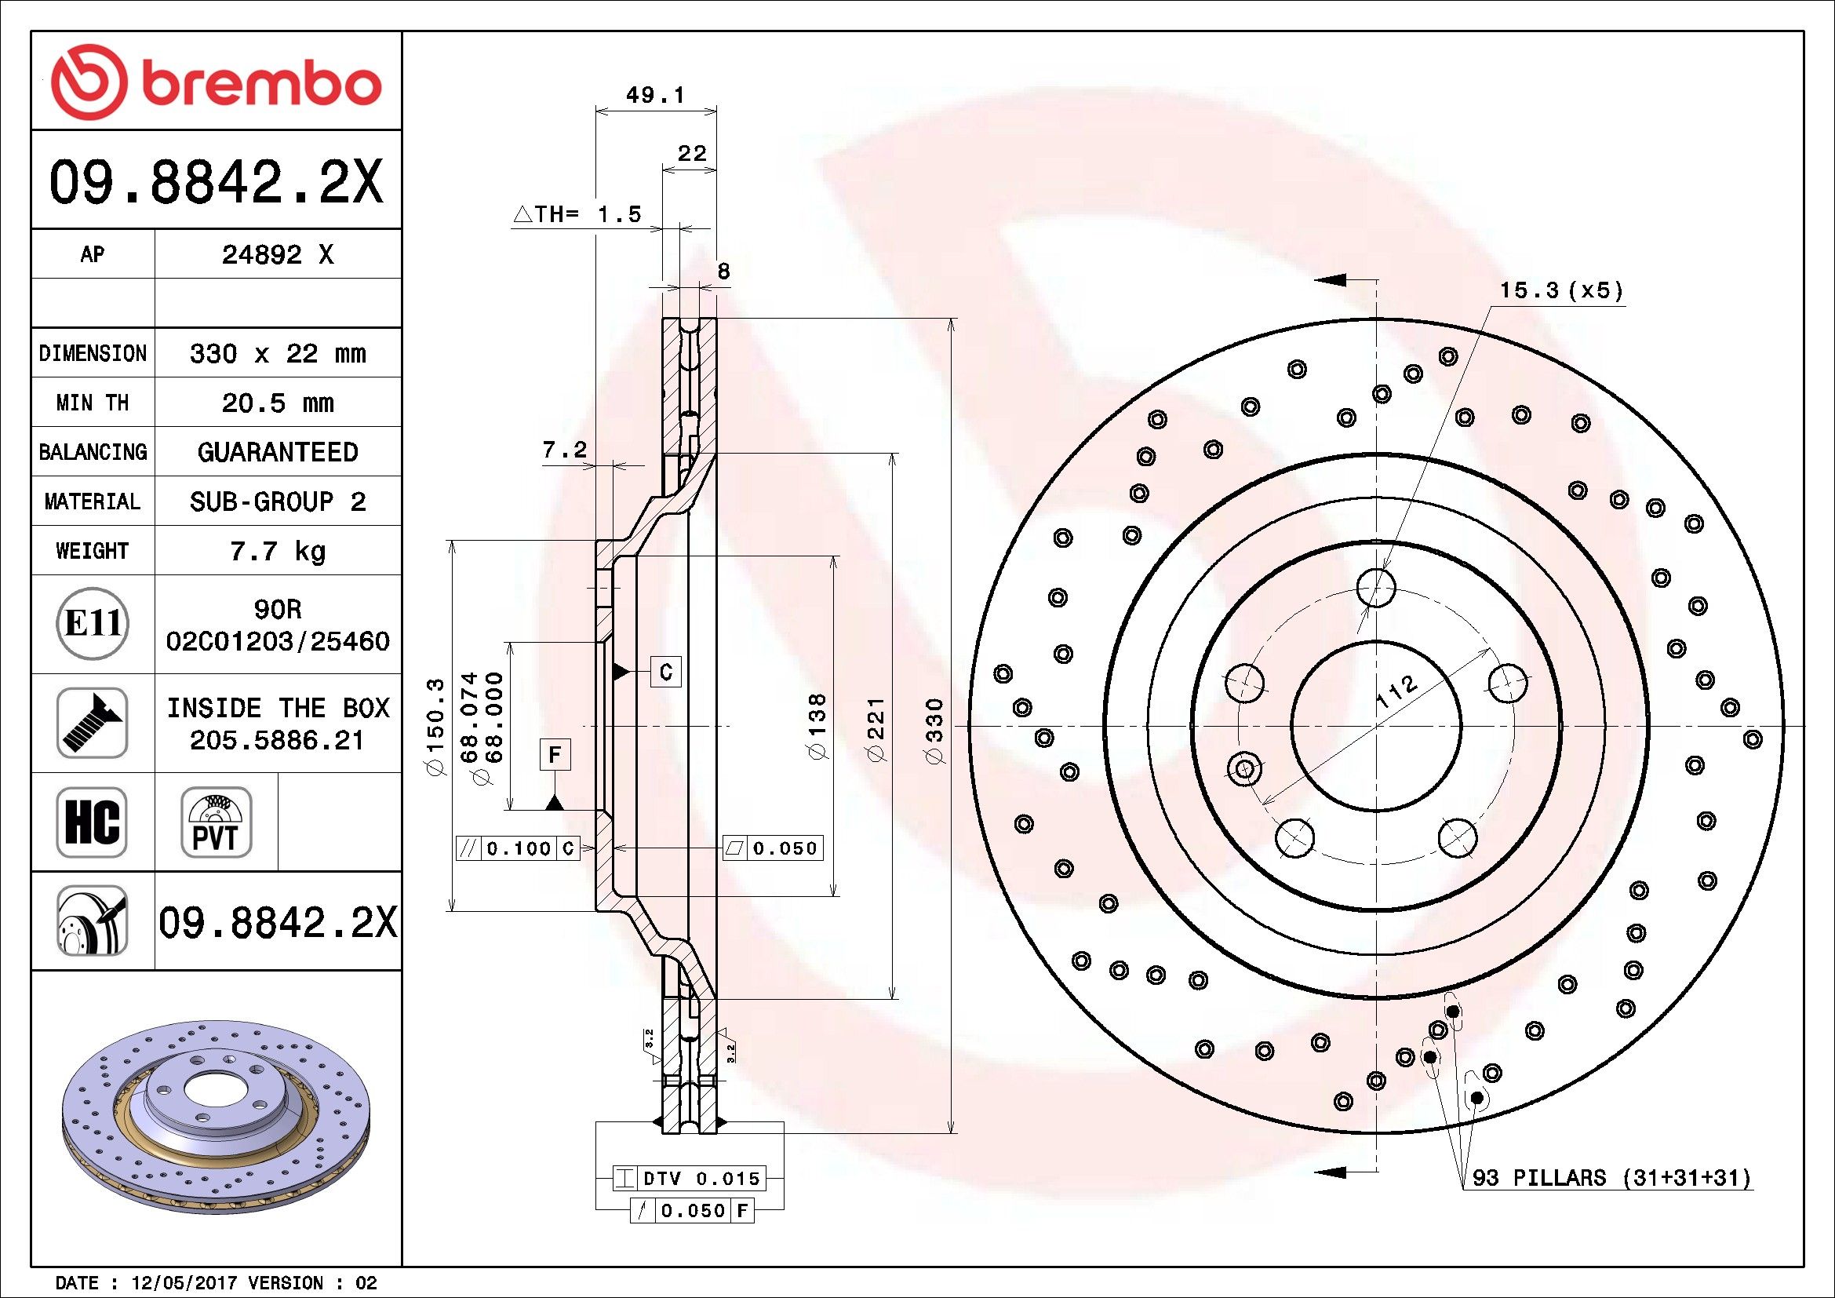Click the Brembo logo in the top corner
216,82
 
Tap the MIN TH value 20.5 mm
277,403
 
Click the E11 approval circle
93,623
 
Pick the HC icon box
92,822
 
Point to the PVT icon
216,822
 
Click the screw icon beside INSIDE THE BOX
92,723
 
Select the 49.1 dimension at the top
655,96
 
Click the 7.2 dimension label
564,450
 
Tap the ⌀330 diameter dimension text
934,731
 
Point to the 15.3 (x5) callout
1561,290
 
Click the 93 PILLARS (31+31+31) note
1611,1177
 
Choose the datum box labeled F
555,755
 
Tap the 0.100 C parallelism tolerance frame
517,848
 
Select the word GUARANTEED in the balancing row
277,452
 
